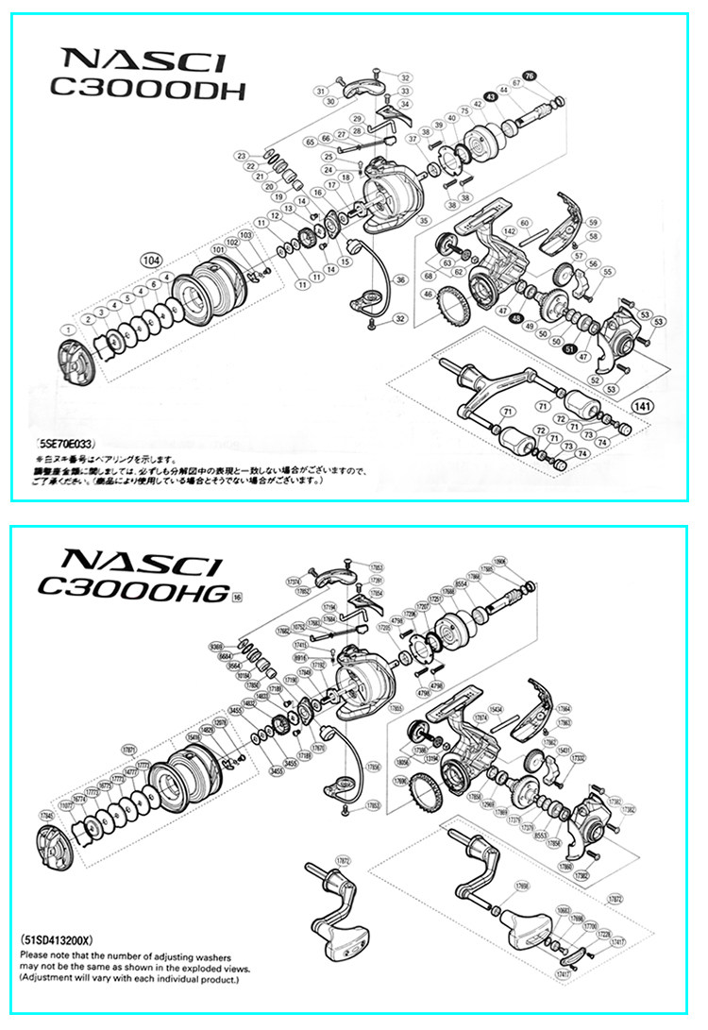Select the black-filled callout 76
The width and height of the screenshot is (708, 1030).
(x=529, y=76)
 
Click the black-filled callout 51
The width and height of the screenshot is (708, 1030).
(x=569, y=348)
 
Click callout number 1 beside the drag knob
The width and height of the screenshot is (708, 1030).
(x=66, y=329)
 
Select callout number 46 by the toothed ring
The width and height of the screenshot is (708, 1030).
(x=428, y=295)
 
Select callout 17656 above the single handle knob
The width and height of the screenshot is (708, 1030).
(x=521, y=886)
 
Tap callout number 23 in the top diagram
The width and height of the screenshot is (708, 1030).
(x=243, y=156)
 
